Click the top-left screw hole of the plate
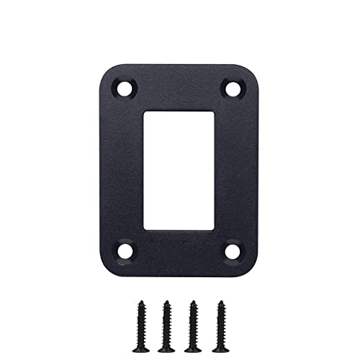click(x=126, y=89)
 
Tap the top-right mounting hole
click(x=233, y=89)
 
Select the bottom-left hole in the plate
click(x=126, y=251)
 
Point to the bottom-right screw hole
click(x=233, y=251)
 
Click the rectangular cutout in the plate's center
click(x=179, y=170)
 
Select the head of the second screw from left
click(x=167, y=305)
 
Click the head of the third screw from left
click(x=192, y=305)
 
